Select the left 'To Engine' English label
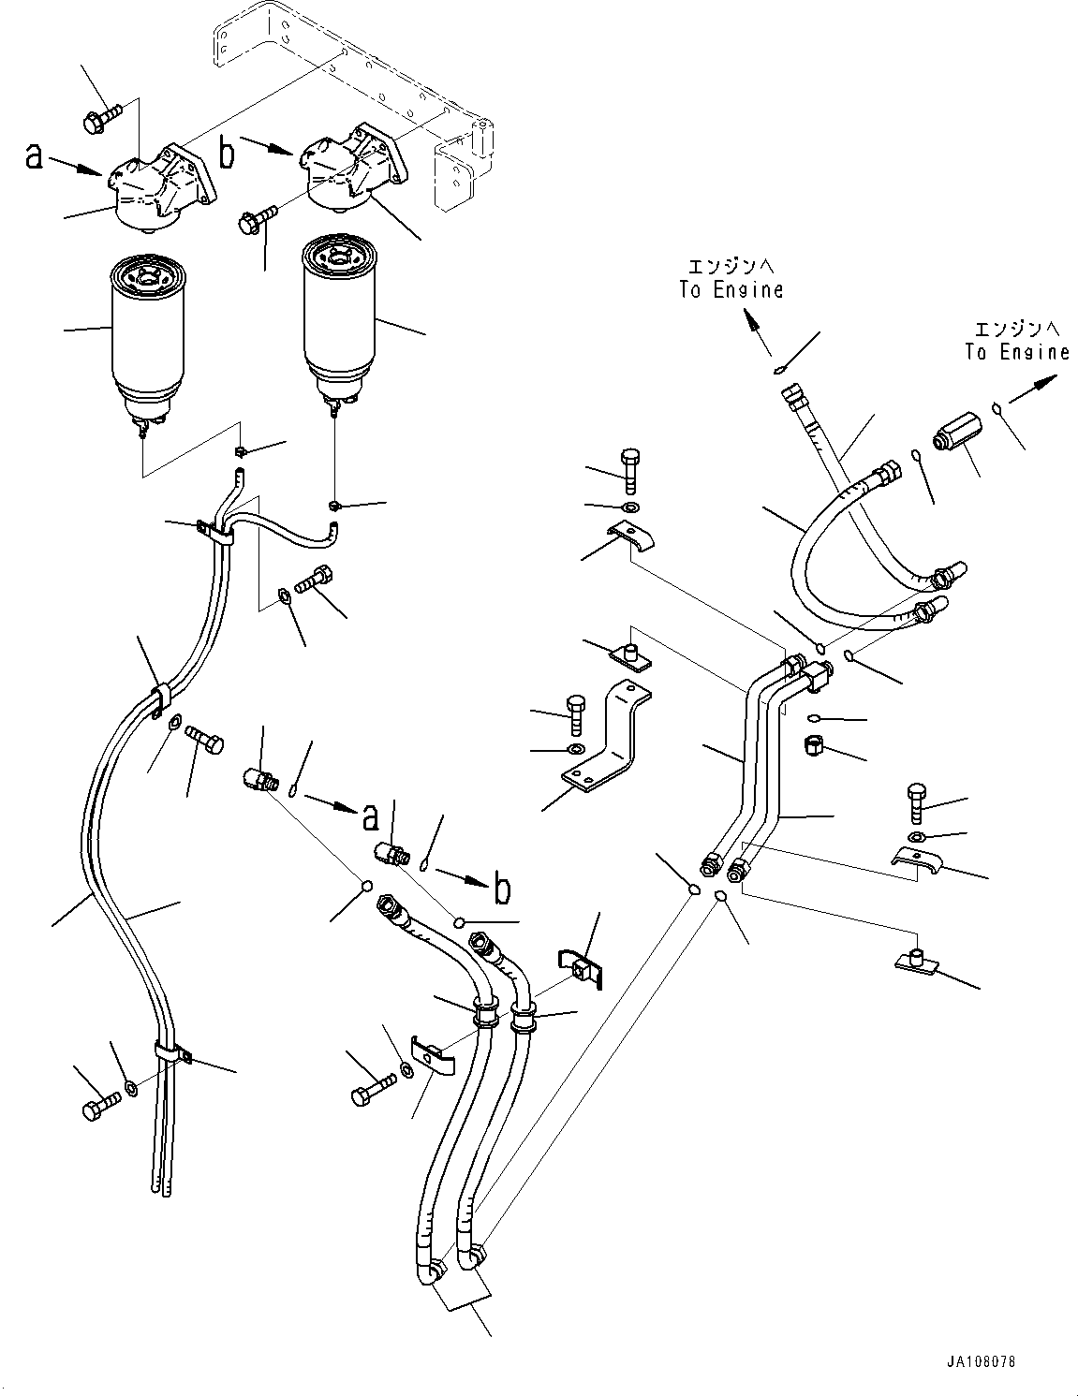pos(731,290)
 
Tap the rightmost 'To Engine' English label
pos(1017,352)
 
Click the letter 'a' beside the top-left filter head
pos(35,157)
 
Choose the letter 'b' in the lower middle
pos(503,889)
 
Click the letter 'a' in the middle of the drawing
pos(371,818)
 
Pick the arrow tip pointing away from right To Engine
pos(1054,377)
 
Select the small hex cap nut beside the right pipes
pos(815,746)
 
